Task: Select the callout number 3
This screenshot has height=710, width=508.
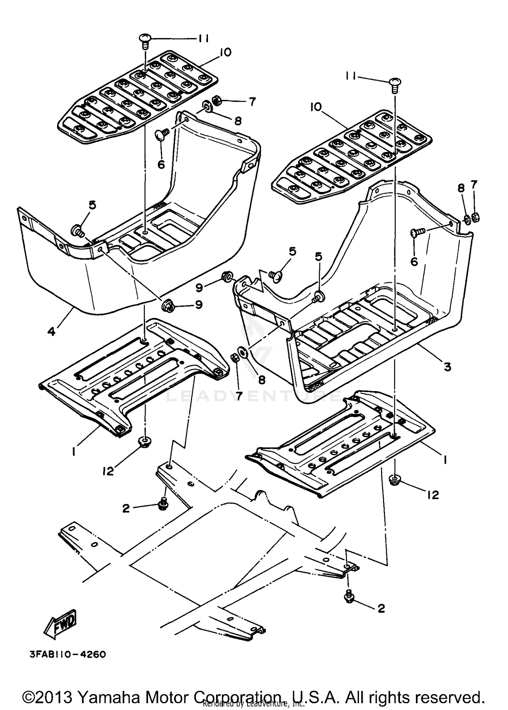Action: pyautogui.click(x=447, y=366)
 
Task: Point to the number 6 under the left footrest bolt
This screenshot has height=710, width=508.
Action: pyautogui.click(x=161, y=164)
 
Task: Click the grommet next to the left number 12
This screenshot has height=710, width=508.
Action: pyautogui.click(x=145, y=442)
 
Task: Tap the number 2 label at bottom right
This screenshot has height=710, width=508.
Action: pyautogui.click(x=381, y=608)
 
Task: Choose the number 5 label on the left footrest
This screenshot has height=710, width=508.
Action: pyautogui.click(x=92, y=205)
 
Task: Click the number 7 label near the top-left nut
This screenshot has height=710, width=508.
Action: pyautogui.click(x=252, y=102)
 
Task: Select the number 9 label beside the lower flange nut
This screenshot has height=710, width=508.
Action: pyautogui.click(x=198, y=305)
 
